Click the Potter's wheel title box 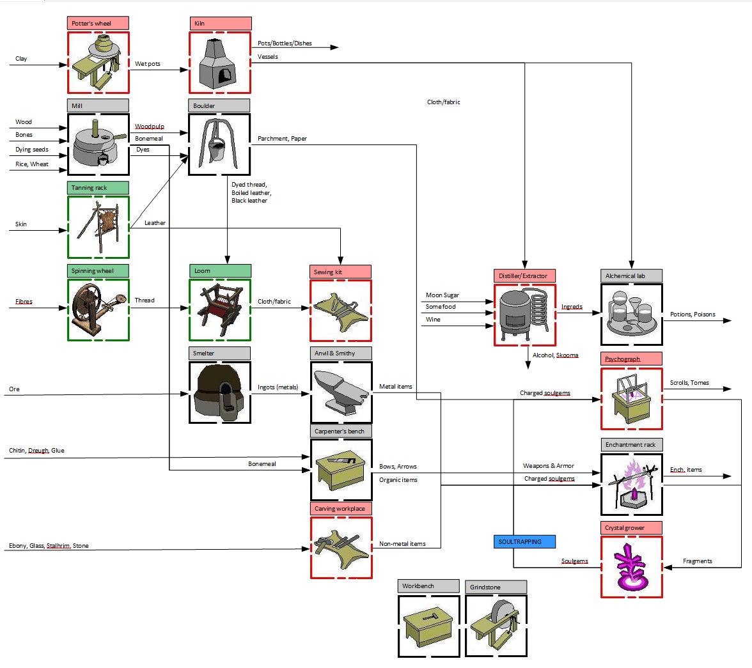point(98,23)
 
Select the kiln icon point(220,63)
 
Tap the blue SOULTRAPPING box point(524,541)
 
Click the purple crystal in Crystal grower point(631,567)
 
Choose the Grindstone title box point(496,587)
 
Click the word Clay point(21,59)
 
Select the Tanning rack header point(98,187)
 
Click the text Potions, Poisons point(693,314)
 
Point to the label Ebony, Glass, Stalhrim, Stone point(49,546)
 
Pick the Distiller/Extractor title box point(524,276)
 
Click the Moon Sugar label point(443,295)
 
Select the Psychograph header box point(631,359)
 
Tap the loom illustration point(220,310)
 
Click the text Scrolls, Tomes point(689,383)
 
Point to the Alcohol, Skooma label point(555,355)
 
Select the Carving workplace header point(341,508)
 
